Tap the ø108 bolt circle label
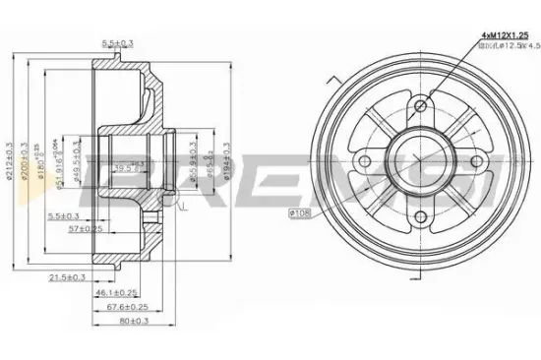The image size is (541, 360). [x=300, y=211]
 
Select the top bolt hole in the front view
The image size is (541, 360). [x=421, y=105]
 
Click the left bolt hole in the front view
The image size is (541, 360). [x=365, y=161]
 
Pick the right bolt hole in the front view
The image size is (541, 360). [x=478, y=162]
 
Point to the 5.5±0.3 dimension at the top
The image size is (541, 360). [x=119, y=42]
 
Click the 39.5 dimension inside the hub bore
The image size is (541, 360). [x=124, y=168]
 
